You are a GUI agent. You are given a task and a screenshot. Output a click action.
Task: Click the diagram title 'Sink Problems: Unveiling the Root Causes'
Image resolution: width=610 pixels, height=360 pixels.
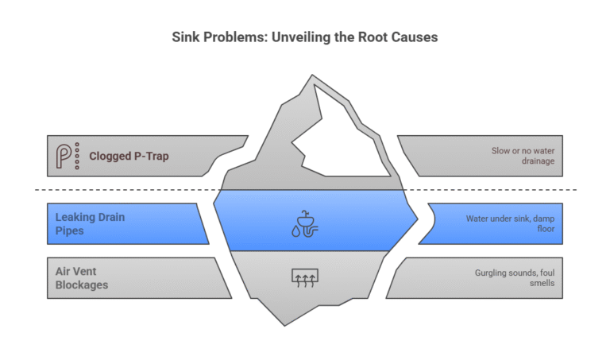tap(305, 37)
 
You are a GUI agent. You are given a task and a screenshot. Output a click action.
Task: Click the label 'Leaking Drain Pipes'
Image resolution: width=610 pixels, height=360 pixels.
tap(90, 223)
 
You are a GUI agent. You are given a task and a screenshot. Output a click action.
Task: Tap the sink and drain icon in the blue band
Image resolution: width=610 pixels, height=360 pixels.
tap(305, 224)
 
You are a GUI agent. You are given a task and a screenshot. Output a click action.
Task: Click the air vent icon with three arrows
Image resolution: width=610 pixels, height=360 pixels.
tap(305, 278)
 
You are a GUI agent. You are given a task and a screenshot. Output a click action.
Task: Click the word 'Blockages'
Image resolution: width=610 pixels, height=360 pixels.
tap(83, 285)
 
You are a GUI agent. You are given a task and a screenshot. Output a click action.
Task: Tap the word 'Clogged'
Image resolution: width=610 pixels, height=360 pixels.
tap(108, 156)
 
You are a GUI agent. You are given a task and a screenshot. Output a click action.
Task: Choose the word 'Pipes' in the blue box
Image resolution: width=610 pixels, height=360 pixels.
tap(69, 230)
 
